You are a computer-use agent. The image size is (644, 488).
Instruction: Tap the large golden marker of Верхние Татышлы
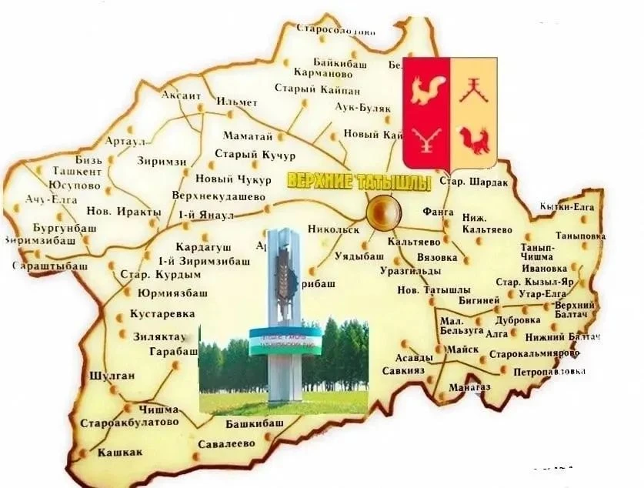tap(382, 210)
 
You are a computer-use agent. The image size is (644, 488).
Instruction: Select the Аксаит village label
tap(181, 95)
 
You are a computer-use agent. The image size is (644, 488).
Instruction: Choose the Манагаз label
tap(469, 386)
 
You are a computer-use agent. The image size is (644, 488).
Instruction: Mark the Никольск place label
tap(333, 229)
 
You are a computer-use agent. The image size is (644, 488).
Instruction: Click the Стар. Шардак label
tap(473, 182)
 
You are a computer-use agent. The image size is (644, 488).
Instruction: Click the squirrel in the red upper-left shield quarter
tap(425, 90)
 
